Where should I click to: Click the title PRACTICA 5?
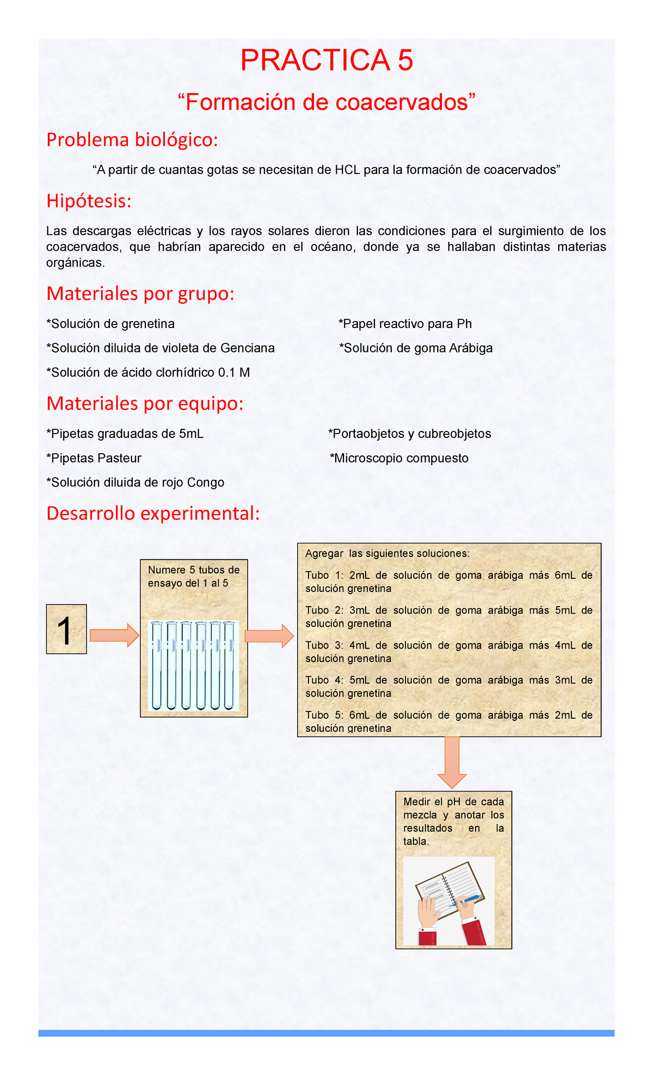tap(326, 60)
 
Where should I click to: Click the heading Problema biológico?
tap(132, 140)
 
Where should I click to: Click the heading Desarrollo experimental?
tap(153, 513)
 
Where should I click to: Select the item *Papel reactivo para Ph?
tap(405, 324)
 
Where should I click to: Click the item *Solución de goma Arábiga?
tap(416, 348)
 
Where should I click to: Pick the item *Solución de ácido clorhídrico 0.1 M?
tap(148, 373)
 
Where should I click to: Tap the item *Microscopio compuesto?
tap(399, 458)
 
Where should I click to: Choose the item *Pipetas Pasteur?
tap(94, 458)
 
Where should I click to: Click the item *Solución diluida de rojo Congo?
tap(135, 483)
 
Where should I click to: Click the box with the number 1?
tap(66, 629)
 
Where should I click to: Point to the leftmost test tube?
tap(157, 666)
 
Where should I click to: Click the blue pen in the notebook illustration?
tap(469, 899)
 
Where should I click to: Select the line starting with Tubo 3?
tap(448, 646)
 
